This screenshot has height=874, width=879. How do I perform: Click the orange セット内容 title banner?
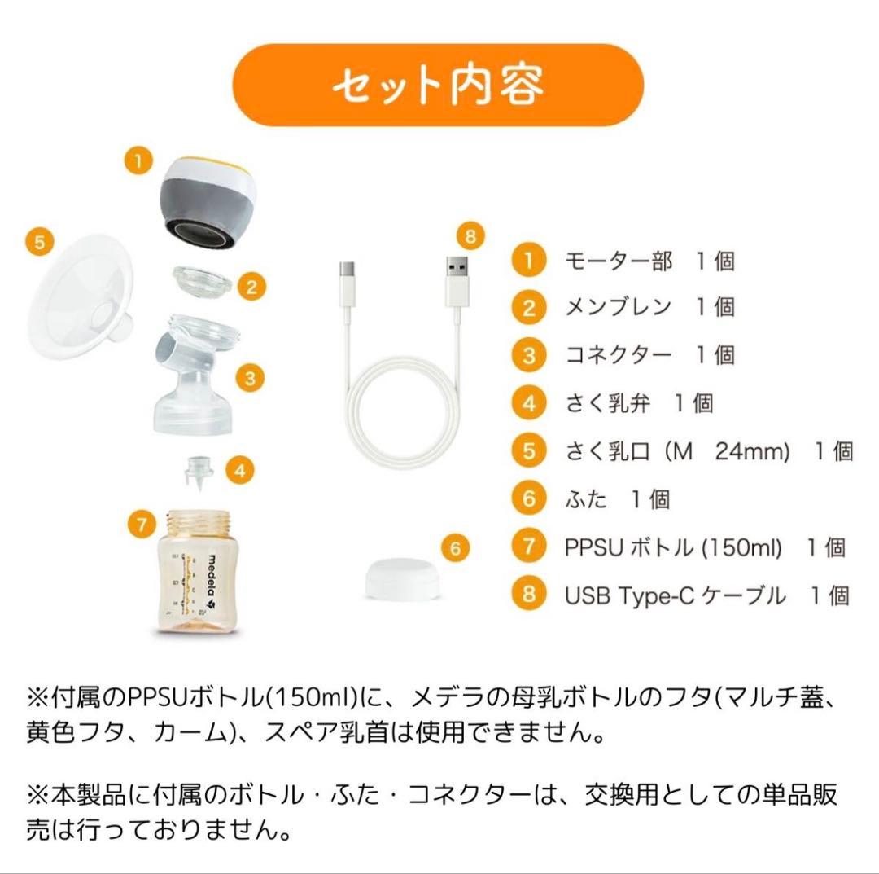(x=438, y=85)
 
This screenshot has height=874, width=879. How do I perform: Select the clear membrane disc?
(x=202, y=279)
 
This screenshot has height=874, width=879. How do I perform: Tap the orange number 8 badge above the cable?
(x=470, y=237)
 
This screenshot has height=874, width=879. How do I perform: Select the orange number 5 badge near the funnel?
(x=40, y=243)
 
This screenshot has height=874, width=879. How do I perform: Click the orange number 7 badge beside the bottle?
(x=142, y=525)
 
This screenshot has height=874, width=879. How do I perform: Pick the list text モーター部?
(x=619, y=261)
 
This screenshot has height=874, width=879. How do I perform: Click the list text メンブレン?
(x=618, y=307)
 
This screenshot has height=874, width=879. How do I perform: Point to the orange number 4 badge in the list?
(x=529, y=403)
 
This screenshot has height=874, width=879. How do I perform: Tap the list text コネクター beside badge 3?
(x=619, y=355)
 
